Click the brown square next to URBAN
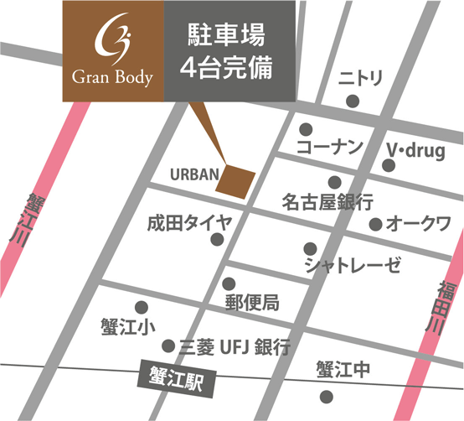pyautogui.click(x=236, y=180)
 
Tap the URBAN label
pyautogui.click(x=193, y=175)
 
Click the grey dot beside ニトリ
pyautogui.click(x=353, y=101)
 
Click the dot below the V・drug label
pyautogui.click(x=387, y=166)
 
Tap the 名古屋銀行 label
pyautogui.click(x=327, y=202)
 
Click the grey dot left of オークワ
pyautogui.click(x=376, y=225)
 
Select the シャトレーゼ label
pyautogui.click(x=353, y=266)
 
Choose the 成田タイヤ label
pyautogui.click(x=183, y=223)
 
